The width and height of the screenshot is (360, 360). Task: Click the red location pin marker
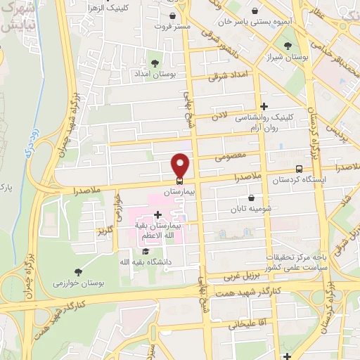click(x=181, y=165)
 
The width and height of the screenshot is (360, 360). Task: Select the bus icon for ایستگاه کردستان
click(x=300, y=169)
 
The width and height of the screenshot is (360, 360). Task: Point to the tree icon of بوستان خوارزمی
click(x=77, y=271)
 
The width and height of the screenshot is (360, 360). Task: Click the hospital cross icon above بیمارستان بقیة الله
click(x=158, y=214)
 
